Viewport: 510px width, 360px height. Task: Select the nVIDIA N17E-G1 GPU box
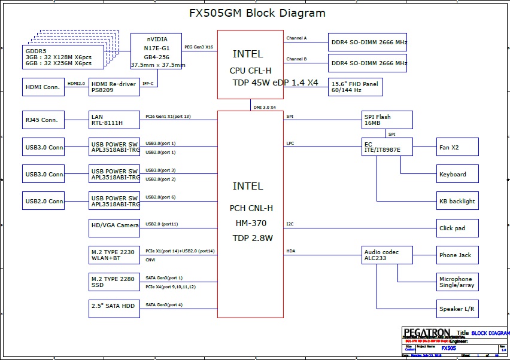click(156, 51)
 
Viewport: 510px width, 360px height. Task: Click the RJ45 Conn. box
click(42, 120)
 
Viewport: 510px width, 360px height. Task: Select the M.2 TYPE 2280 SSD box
click(114, 282)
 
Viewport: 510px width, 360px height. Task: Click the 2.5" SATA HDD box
click(114, 309)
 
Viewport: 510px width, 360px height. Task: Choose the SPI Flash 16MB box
click(388, 120)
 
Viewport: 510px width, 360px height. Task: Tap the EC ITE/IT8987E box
click(388, 147)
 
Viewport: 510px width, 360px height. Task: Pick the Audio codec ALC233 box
click(388, 255)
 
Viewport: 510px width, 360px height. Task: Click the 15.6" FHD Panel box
click(355, 87)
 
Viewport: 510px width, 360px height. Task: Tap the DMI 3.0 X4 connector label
click(264, 107)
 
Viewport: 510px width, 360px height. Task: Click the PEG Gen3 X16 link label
click(199, 47)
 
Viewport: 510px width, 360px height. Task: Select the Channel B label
click(296, 59)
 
